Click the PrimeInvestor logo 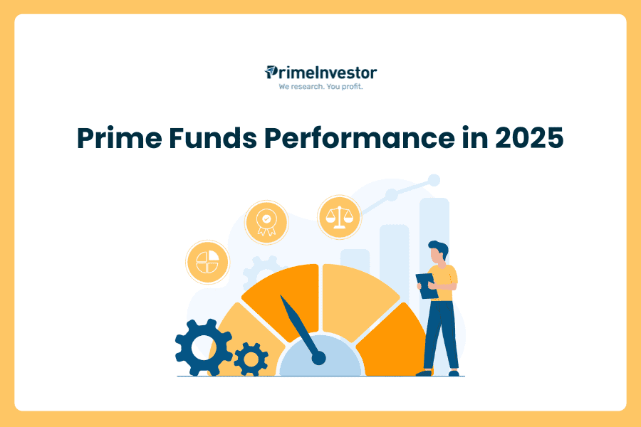pyautogui.click(x=320, y=73)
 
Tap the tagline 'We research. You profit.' pyautogui.click(x=320, y=87)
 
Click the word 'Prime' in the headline pyautogui.click(x=120, y=137)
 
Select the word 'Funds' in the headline pyautogui.click(x=212, y=137)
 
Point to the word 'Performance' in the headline pyautogui.click(x=360, y=137)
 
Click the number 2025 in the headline pyautogui.click(x=529, y=137)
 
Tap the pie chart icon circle pyautogui.click(x=208, y=262)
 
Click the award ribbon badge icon pyautogui.click(x=266, y=222)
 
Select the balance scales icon pyautogui.click(x=339, y=217)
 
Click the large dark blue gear pyautogui.click(x=203, y=348)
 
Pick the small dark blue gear pyautogui.click(x=251, y=359)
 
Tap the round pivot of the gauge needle pyautogui.click(x=319, y=359)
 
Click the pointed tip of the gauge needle pyautogui.click(x=281, y=295)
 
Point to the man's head pyautogui.click(x=438, y=252)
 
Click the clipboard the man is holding pyautogui.click(x=427, y=286)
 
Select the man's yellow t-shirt pyautogui.click(x=443, y=283)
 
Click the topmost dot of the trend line pyautogui.click(x=434, y=180)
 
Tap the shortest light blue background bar pyautogui.click(x=355, y=261)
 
